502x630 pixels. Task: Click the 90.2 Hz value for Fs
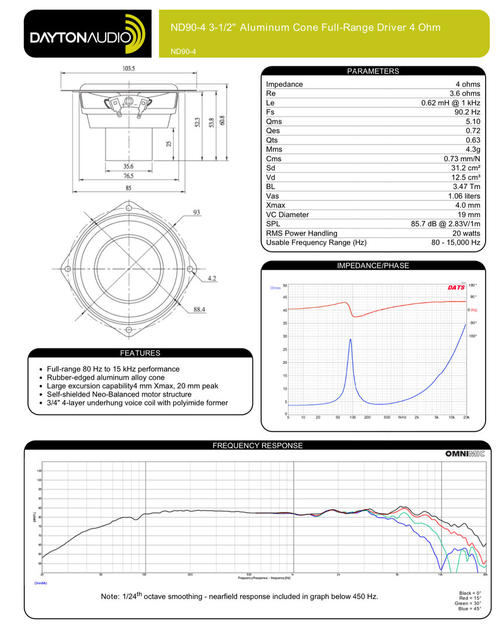(468, 112)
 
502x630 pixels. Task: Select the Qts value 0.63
(472, 140)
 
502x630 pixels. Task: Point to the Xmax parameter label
(276, 205)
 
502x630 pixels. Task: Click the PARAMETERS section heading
(373, 71)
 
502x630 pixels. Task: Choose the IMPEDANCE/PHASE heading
(373, 265)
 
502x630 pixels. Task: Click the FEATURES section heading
(140, 353)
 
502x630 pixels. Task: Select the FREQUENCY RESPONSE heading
(257, 446)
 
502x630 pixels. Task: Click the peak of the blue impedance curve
(350, 339)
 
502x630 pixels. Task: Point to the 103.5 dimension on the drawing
(129, 68)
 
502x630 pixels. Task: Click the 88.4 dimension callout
(199, 310)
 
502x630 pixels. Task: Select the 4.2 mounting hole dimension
(211, 278)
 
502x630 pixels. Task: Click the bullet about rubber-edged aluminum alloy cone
(101, 377)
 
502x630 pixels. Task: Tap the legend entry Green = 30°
(472, 603)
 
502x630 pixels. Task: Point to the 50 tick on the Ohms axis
(285, 285)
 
